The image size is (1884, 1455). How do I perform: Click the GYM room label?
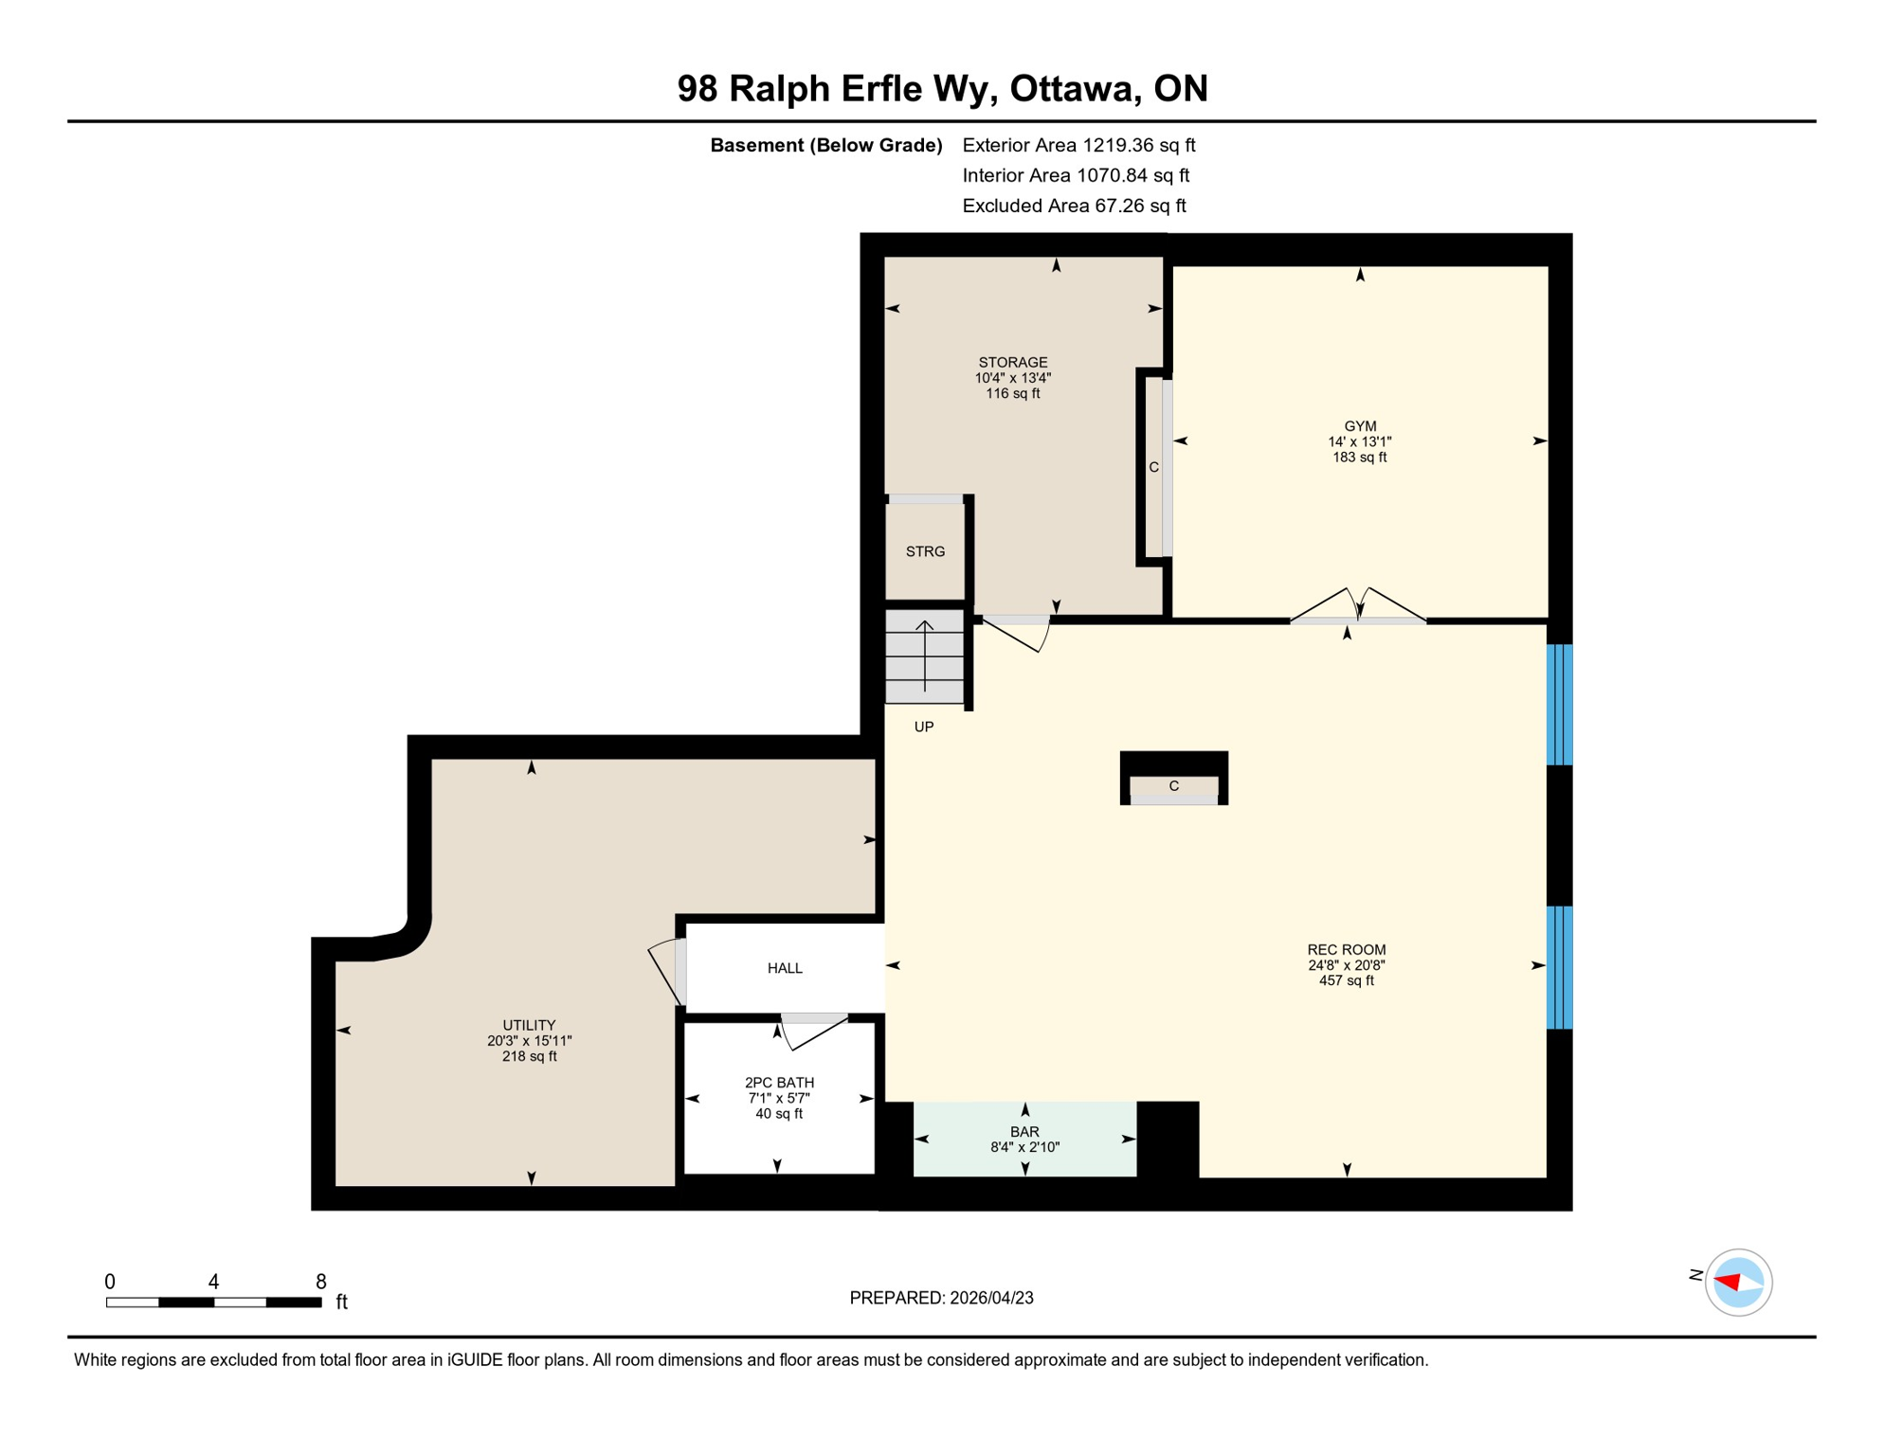pos(1359,426)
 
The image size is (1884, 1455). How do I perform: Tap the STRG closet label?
pos(925,551)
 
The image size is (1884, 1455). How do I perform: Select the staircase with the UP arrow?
pos(924,656)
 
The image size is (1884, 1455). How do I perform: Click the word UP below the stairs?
pos(923,727)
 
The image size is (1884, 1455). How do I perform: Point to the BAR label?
pos(1024,1132)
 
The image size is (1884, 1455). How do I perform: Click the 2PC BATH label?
pos(779,1083)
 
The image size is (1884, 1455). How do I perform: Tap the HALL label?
pos(785,968)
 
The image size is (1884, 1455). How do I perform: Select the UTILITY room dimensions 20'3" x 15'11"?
pos(529,1041)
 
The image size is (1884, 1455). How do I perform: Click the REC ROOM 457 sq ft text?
pos(1346,980)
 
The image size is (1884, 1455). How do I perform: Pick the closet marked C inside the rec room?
pos(1173,786)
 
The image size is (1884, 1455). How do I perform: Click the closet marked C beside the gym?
pos(1154,467)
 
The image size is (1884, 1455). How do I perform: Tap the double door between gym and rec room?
pos(1358,606)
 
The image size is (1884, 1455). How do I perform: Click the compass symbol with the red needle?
pos(1738,1283)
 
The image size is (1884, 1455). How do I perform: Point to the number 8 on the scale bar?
pos(321,1282)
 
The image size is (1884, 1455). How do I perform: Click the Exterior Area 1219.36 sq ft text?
pos(1078,145)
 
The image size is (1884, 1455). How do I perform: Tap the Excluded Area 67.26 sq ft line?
pos(1074,206)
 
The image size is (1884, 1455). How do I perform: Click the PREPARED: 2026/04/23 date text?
pos(941,1298)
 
